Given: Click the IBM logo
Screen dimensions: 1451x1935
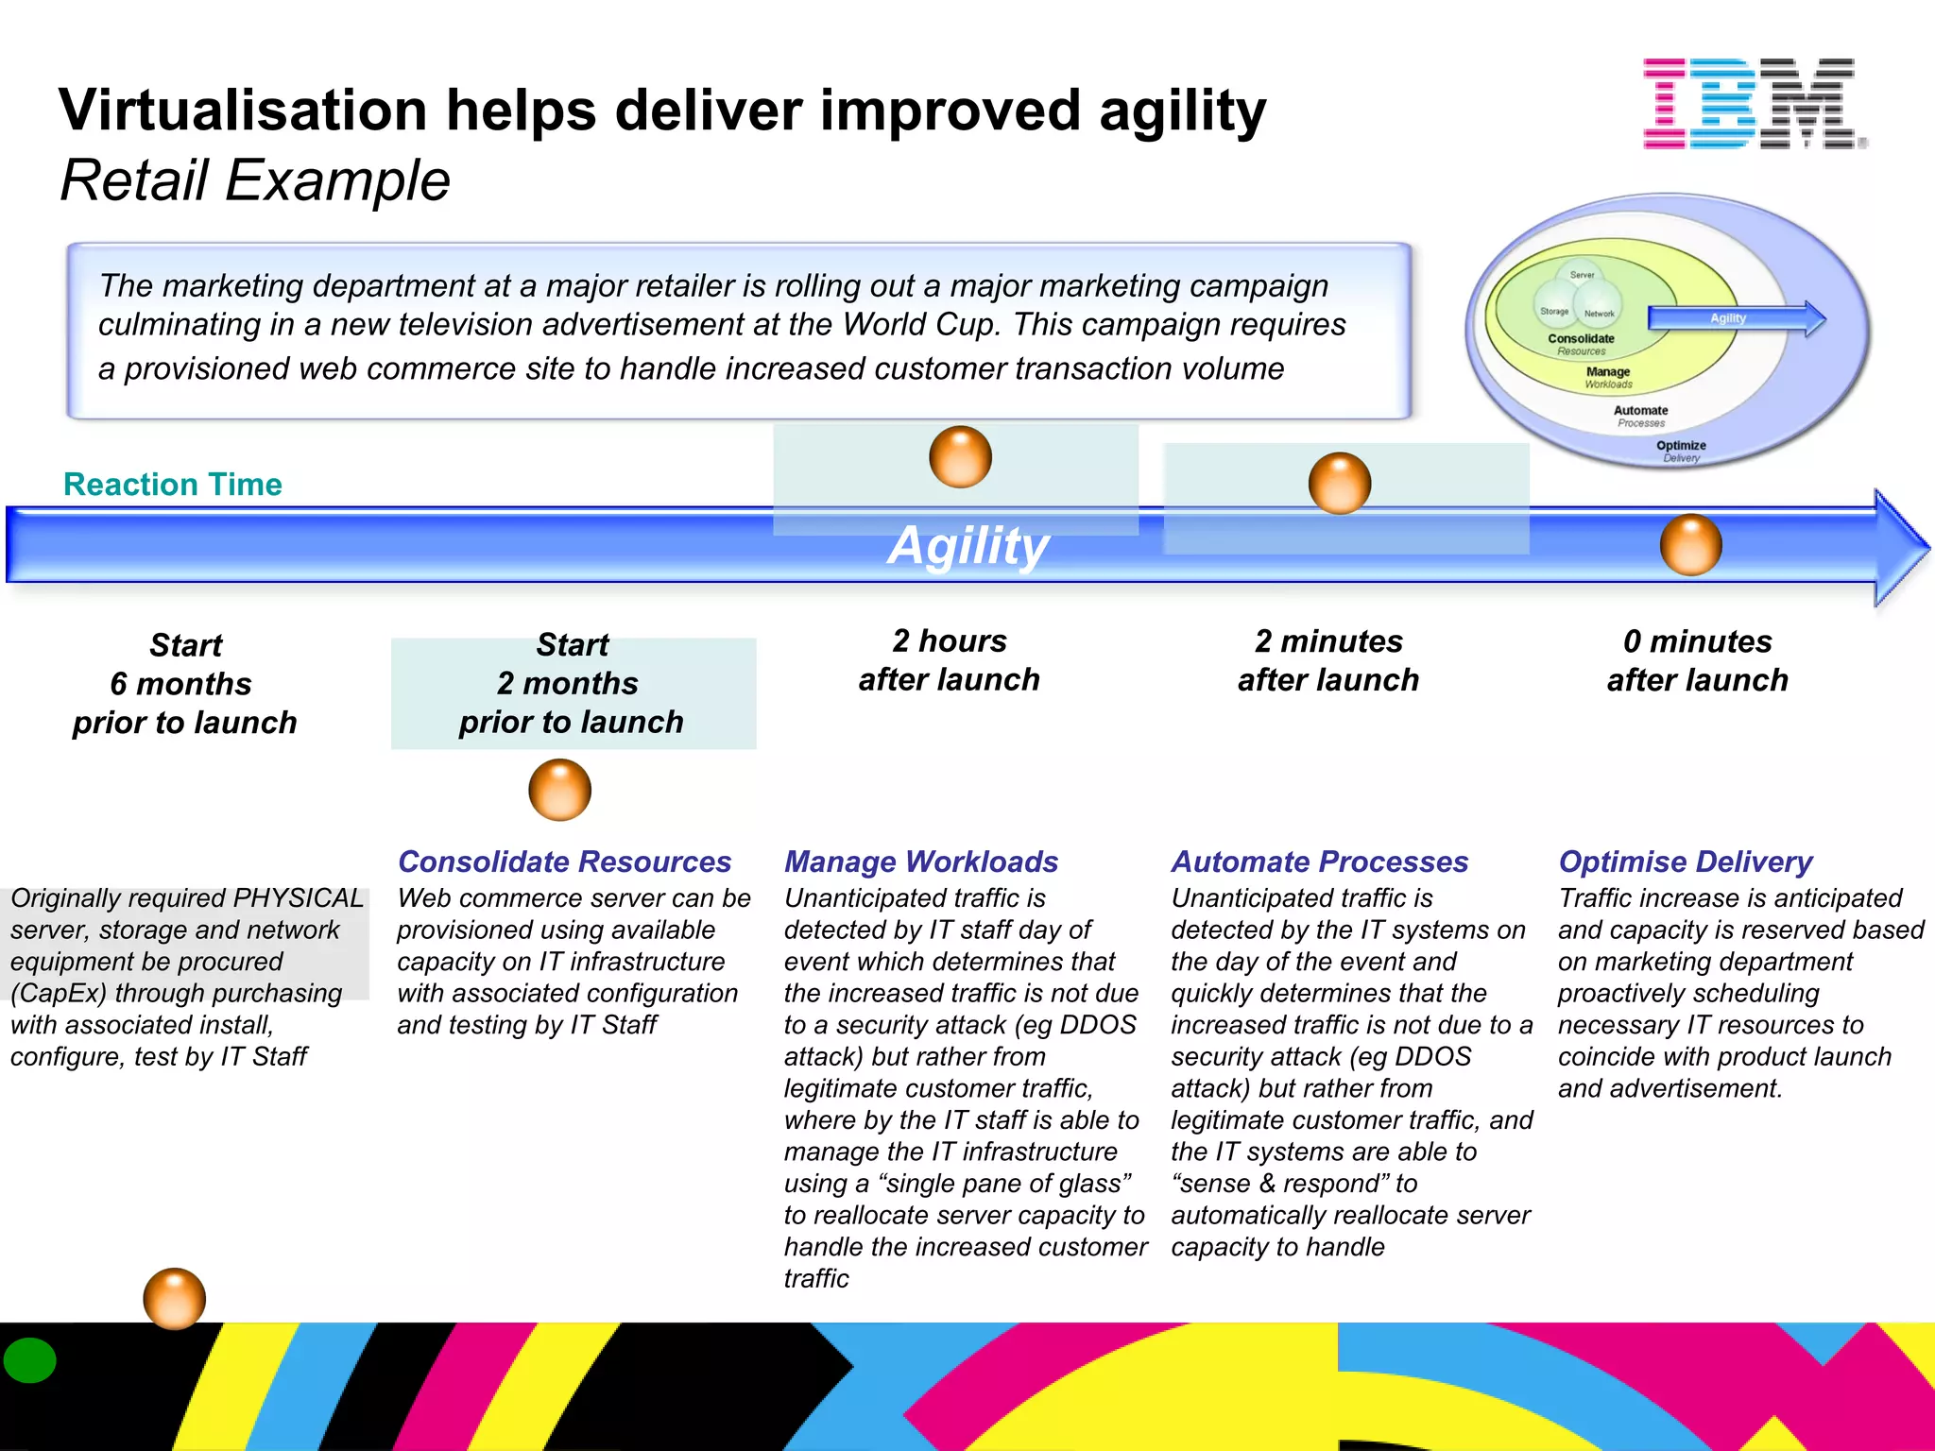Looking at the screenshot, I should coord(1754,103).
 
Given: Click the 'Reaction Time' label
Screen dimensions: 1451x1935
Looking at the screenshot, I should coord(172,485).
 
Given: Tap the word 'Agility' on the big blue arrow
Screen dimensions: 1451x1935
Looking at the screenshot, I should coord(967,546).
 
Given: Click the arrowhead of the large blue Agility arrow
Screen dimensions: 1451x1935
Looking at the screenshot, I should coord(1899,547).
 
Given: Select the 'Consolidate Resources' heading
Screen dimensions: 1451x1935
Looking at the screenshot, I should coord(564,862).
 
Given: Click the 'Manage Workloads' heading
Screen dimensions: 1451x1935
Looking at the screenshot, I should coord(920,862).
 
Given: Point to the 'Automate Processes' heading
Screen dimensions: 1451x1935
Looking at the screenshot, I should coord(1319,862).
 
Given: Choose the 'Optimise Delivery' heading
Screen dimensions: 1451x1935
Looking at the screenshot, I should coord(1685,862).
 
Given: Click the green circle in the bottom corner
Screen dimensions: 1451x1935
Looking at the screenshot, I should coord(30,1360).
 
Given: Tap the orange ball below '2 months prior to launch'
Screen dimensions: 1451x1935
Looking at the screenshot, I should coord(559,790).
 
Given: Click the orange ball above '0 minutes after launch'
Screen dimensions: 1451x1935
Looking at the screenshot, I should coord(1690,545).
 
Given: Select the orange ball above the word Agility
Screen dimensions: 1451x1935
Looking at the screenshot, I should coord(960,457).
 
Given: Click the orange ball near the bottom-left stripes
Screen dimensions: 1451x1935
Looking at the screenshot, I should coord(174,1298).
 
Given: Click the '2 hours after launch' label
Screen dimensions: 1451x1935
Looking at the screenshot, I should coord(949,660).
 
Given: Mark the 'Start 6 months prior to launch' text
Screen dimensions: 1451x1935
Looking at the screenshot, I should coord(185,684).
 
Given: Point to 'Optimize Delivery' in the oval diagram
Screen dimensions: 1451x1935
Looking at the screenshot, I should coord(1681,451).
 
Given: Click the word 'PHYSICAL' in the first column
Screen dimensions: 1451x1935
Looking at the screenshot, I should coord(298,897).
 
